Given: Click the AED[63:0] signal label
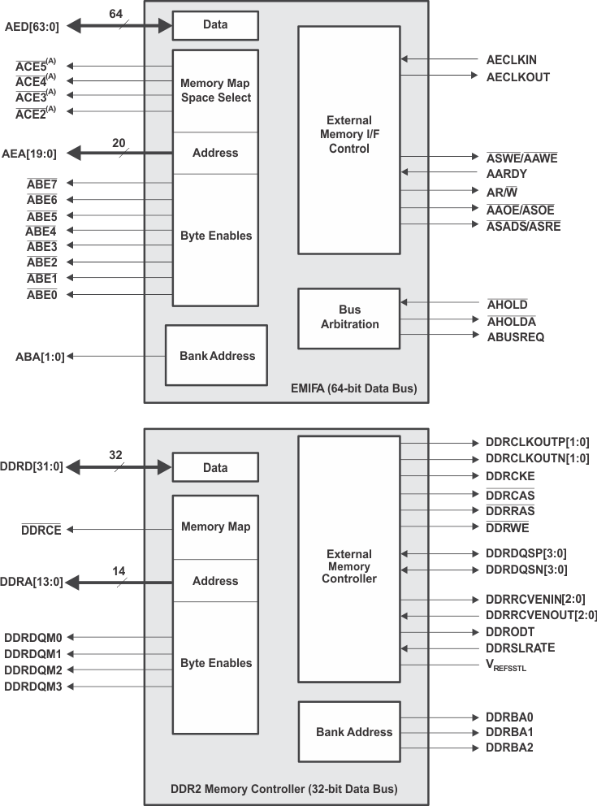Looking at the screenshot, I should (32, 25).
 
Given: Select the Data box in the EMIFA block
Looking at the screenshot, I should (215, 25).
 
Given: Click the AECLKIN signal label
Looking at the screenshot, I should (511, 60).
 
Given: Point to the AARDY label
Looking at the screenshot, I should (507, 173).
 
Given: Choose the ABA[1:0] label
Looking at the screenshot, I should (40, 357).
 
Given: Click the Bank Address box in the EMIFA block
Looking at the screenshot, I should (216, 356).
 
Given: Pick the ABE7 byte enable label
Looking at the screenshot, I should (41, 184).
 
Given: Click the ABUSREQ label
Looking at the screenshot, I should (516, 336).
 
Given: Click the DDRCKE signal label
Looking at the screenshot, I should (510, 475).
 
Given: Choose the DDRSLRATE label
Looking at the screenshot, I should (521, 648).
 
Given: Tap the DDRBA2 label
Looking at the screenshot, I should (509, 747).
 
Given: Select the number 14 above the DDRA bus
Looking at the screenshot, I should (119, 571).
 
